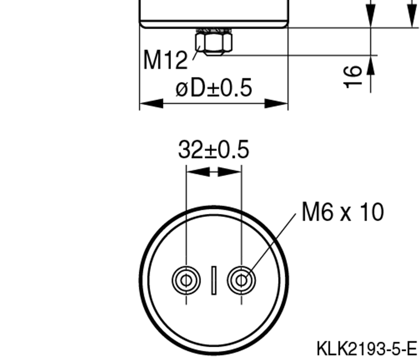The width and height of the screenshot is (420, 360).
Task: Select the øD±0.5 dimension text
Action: click(x=214, y=88)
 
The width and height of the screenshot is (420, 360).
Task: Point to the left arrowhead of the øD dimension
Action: click(x=151, y=104)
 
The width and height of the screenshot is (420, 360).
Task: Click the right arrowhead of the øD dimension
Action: click(x=277, y=104)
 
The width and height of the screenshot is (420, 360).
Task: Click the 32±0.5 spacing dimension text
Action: click(x=214, y=150)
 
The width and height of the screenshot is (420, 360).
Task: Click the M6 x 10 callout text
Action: click(x=342, y=211)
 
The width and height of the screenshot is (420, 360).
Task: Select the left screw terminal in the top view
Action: click(x=186, y=280)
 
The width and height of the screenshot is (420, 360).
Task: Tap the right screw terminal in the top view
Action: click(x=241, y=280)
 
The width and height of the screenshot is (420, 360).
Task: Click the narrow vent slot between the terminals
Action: click(x=214, y=280)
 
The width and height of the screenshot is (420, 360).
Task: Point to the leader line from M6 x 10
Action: click(x=270, y=245)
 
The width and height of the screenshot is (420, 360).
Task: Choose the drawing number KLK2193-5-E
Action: click(x=366, y=349)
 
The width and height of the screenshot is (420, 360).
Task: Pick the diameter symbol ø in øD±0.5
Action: click(x=182, y=88)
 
